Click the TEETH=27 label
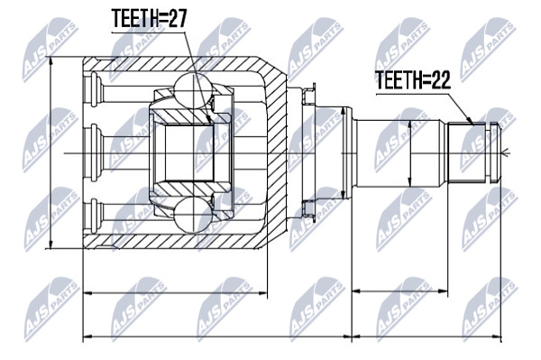point(149,18)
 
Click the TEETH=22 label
point(413,79)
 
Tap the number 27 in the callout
point(177,18)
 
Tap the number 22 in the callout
point(441,79)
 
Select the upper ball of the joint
point(192,90)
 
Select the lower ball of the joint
point(192,216)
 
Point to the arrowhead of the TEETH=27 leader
point(208,119)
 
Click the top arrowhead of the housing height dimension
point(51,61)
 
